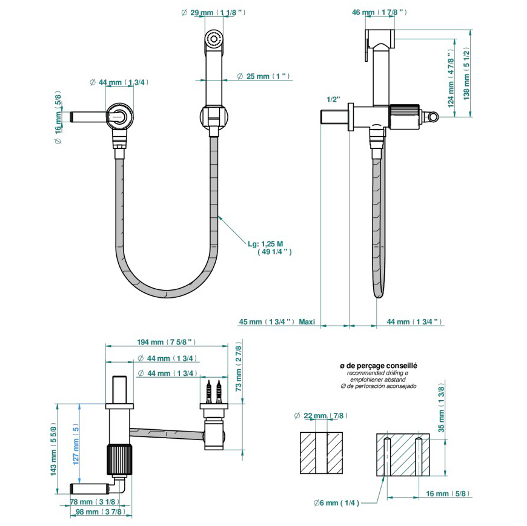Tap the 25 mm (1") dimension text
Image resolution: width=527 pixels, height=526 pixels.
(263, 76)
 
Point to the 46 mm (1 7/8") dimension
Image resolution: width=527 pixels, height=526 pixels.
(380, 12)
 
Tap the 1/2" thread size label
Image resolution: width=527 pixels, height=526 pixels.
(333, 99)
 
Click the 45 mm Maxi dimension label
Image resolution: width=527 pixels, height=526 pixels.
(276, 321)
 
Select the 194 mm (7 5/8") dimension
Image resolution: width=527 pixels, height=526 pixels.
(167, 342)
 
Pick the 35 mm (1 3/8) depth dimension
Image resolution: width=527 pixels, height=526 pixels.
(441, 412)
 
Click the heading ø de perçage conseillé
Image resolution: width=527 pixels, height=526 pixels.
(379, 366)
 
